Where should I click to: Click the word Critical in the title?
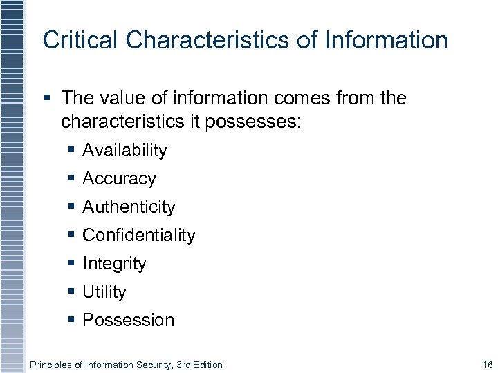(x=71, y=40)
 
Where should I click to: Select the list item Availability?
(x=124, y=150)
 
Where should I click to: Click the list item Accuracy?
(x=119, y=179)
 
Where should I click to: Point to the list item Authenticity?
(x=129, y=207)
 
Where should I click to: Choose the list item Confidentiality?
(x=138, y=235)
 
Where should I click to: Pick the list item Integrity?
(x=114, y=263)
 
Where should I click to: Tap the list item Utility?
(x=104, y=292)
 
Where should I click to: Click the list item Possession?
(x=128, y=320)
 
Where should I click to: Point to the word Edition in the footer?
(x=207, y=365)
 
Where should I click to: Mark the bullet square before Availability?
(x=72, y=150)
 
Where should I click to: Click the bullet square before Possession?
(x=72, y=320)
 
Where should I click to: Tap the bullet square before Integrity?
(x=72, y=263)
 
